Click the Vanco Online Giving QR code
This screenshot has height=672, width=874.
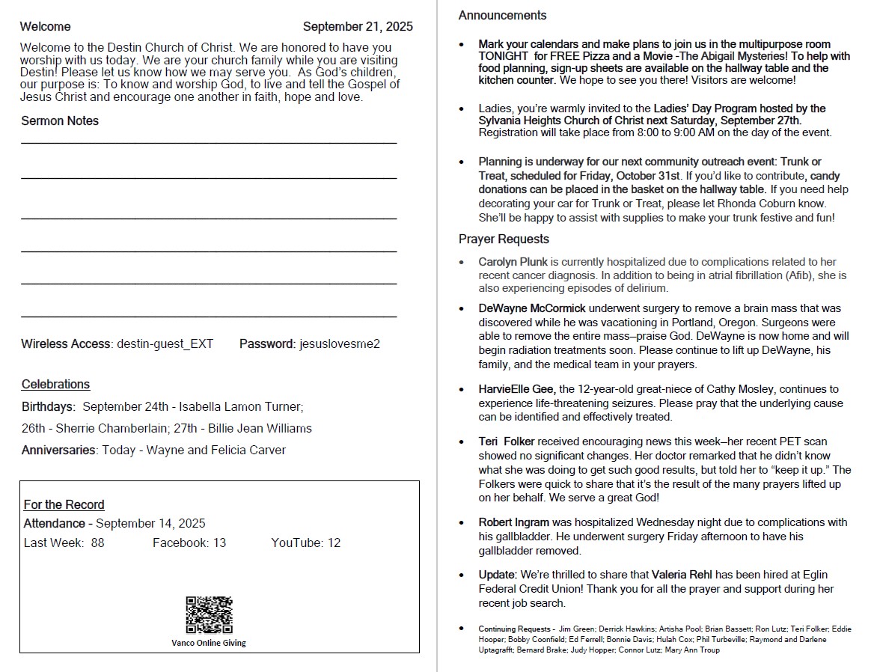click(x=209, y=614)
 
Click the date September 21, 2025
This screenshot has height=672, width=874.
click(x=358, y=27)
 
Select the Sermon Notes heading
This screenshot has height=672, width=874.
click(x=60, y=121)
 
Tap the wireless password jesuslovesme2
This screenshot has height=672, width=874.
click(x=340, y=344)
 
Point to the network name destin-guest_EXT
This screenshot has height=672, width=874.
click(x=165, y=344)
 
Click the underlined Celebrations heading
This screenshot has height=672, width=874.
click(x=55, y=385)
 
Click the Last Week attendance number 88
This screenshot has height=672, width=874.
click(x=98, y=543)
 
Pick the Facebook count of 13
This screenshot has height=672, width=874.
click(x=219, y=543)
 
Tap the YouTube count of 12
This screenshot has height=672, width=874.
click(x=334, y=543)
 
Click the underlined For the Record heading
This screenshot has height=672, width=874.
click(x=64, y=505)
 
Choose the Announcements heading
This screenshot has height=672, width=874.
click(x=502, y=16)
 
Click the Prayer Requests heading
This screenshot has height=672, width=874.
click(x=504, y=239)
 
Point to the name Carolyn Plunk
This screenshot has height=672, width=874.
click(x=513, y=262)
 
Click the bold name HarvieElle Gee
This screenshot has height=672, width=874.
click(x=516, y=389)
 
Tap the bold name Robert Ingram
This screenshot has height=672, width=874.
click(x=514, y=522)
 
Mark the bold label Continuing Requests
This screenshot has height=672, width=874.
click(x=515, y=629)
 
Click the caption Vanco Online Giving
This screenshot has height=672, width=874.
click(x=209, y=643)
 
